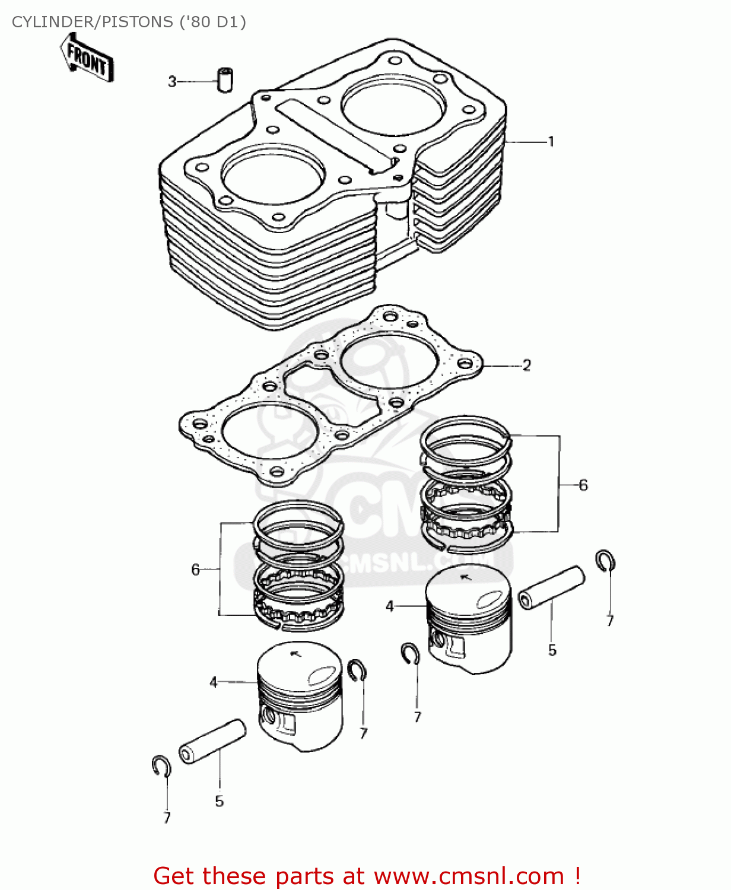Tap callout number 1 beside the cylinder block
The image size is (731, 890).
click(551, 142)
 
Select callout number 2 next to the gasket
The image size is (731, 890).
click(526, 365)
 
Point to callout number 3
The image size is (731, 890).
click(172, 81)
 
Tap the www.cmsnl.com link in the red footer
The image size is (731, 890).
click(468, 876)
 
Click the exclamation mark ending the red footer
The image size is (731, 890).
click(577, 876)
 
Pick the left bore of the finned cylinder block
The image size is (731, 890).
click(273, 173)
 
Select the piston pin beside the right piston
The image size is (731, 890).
click(551, 587)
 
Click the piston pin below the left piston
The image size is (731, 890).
click(212, 741)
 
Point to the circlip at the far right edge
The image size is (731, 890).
click(605, 561)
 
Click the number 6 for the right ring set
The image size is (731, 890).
click(583, 485)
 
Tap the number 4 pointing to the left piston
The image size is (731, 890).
click(214, 682)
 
